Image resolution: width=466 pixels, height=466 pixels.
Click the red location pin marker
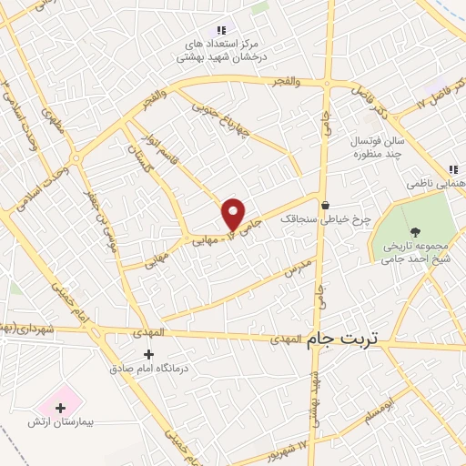coord(234,214)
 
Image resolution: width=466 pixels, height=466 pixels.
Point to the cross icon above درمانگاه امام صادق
coord(148,353)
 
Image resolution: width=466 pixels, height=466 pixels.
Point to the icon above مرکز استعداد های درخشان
coord(222,30)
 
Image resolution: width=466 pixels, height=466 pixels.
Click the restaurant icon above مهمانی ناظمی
coord(452,169)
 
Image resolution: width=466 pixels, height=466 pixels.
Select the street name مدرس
coord(298,266)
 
